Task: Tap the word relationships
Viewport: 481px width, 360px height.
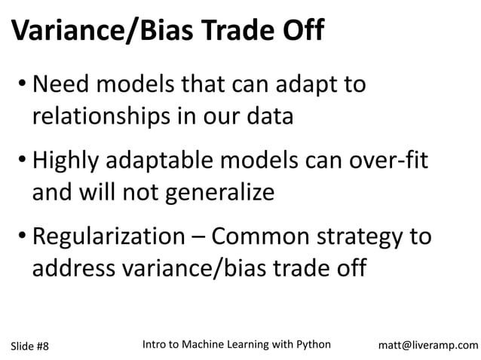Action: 106,117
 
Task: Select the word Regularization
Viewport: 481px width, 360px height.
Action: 112,237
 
